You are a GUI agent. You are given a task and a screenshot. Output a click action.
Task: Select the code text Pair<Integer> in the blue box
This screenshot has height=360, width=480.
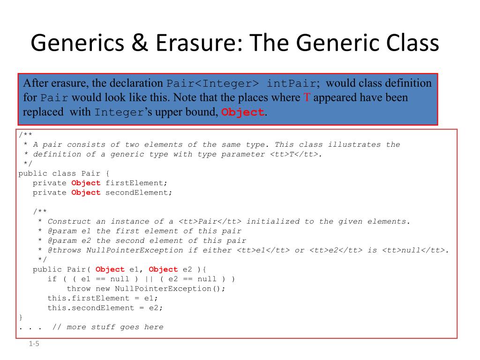tap(213, 84)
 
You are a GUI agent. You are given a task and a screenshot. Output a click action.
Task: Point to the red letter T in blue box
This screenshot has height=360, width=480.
tap(307, 98)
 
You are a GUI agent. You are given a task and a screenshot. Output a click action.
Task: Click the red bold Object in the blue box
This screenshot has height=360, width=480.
tap(243, 112)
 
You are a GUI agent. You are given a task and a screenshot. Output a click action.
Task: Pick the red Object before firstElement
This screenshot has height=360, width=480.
tap(86, 183)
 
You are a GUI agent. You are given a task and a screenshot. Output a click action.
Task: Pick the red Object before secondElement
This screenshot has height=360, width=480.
tap(86, 193)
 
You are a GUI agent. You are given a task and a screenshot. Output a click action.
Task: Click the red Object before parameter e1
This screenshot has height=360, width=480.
tap(110, 270)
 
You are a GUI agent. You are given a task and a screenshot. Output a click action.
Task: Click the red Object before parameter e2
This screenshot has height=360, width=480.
tap(164, 270)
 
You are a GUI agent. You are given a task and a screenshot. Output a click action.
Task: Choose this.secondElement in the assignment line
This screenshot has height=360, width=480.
tap(86, 308)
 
